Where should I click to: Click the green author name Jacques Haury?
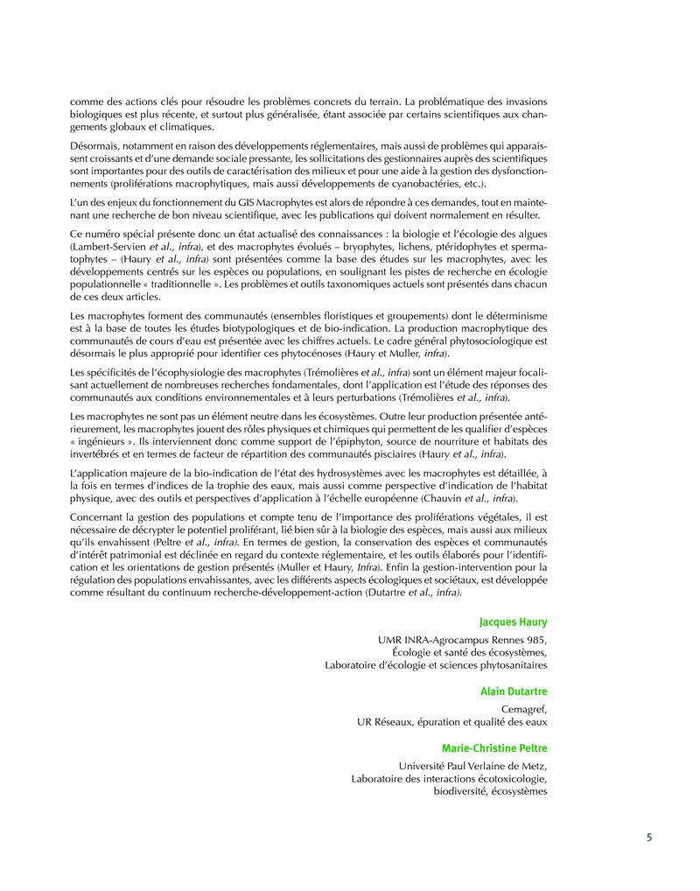tap(514, 622)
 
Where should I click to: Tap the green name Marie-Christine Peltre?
tap(495, 748)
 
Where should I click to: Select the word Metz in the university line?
tap(534, 765)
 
